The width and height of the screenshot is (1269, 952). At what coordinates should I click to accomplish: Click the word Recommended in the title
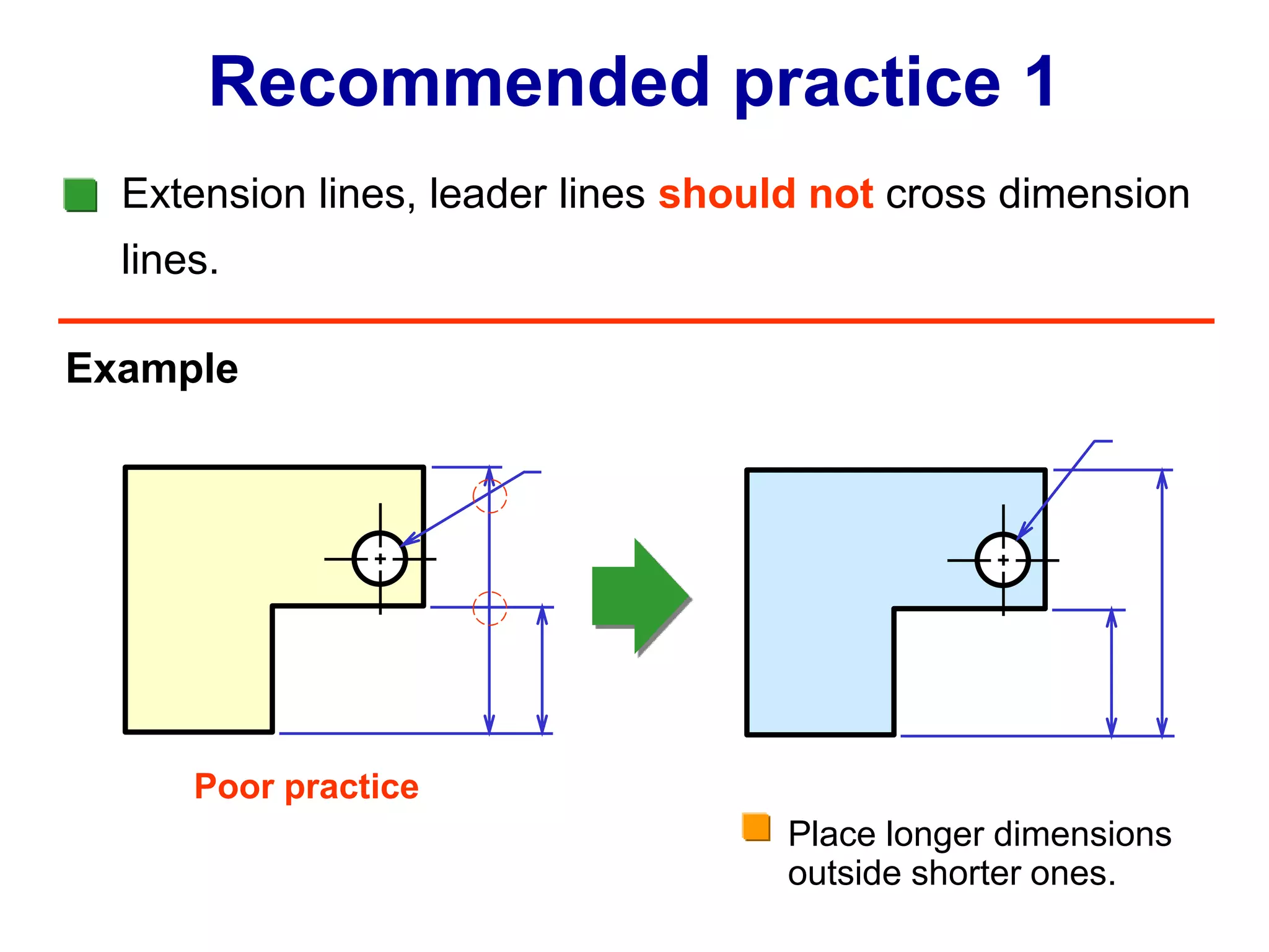tap(459, 82)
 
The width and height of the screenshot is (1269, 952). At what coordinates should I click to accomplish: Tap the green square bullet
tap(81, 195)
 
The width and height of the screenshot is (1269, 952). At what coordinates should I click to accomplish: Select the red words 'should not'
tap(765, 194)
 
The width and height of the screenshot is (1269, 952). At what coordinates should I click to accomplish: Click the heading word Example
tap(152, 369)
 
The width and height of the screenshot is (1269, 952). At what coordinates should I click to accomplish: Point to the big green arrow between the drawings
tap(640, 596)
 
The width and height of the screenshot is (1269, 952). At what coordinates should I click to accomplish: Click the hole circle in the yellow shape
tap(380, 558)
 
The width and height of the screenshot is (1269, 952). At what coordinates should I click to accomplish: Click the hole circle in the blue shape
tap(1003, 560)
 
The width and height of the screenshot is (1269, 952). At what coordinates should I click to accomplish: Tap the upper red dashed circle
tap(490, 496)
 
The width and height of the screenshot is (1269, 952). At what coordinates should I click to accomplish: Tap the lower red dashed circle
tap(490, 608)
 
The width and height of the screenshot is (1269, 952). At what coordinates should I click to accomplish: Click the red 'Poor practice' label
tap(306, 787)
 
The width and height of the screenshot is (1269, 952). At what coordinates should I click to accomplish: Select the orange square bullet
tap(756, 827)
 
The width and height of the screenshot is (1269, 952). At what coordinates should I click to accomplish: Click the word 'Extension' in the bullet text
tap(214, 194)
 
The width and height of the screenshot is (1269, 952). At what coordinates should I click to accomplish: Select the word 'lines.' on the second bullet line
tap(170, 260)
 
